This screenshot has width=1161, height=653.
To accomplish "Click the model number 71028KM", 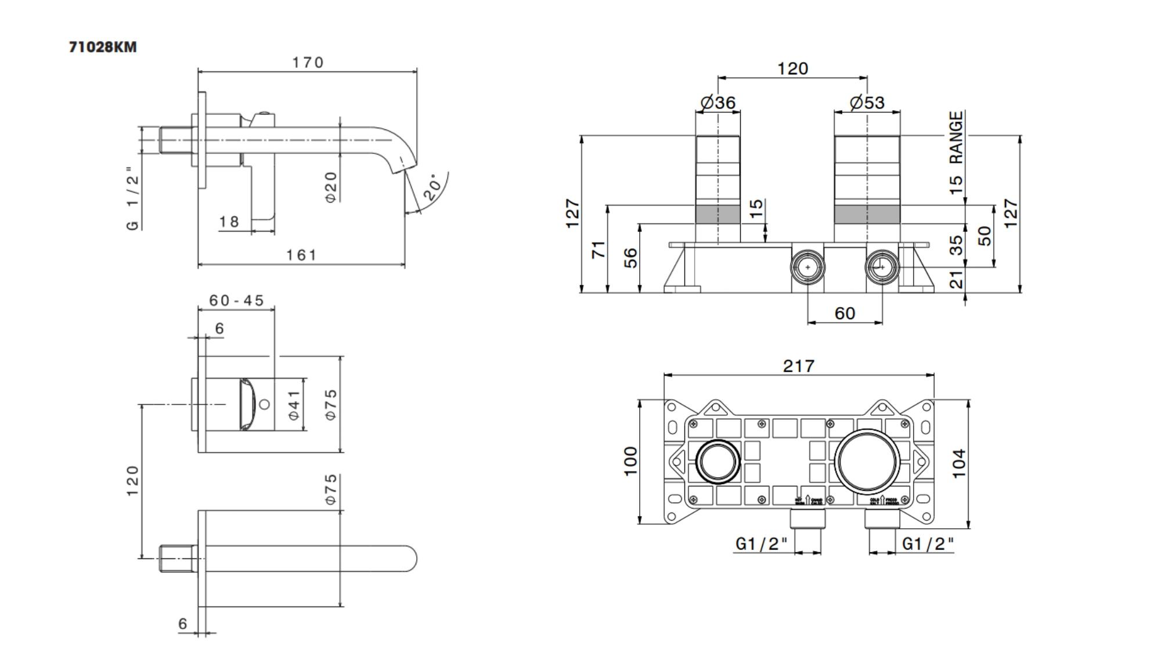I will click(x=103, y=47).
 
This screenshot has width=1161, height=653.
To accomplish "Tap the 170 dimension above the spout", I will click(x=308, y=62).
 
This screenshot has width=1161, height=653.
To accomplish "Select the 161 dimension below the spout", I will click(x=301, y=255).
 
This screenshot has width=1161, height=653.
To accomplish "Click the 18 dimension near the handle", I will click(x=229, y=221).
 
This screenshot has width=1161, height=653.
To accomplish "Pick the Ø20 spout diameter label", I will click(x=331, y=187).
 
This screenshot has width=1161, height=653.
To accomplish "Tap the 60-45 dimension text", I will click(x=236, y=300).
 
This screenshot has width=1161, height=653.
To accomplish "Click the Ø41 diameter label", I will click(x=294, y=405).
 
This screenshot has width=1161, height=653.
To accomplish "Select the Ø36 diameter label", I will click(x=718, y=103).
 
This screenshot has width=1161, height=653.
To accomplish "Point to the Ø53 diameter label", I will click(x=867, y=103).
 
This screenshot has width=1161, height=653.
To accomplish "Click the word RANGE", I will click(x=956, y=138).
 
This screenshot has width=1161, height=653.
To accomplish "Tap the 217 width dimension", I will click(x=799, y=366).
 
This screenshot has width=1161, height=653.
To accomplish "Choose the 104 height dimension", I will click(x=959, y=463).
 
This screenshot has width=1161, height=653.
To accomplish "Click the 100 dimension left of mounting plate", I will click(x=630, y=461).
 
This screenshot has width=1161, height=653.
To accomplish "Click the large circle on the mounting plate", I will click(x=867, y=461).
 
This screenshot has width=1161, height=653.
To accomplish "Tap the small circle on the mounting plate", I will click(x=718, y=461).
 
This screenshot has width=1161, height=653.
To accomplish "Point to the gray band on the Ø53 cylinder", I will click(x=867, y=214).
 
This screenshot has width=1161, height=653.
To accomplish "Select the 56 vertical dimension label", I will click(x=630, y=258).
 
